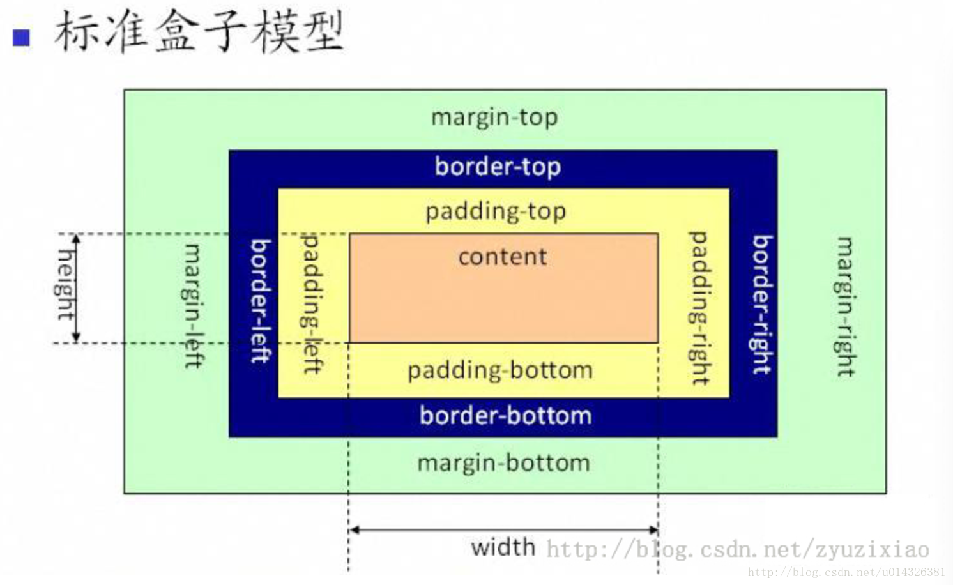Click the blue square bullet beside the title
coord(21,38)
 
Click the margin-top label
coord(494,118)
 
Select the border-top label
coord(498,167)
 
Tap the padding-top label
coord(496,212)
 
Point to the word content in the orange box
coord(503,257)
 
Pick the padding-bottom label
coord(500,370)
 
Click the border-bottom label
coord(505,416)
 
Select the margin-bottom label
coord(504,463)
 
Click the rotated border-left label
coord(261,301)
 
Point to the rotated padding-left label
coord(313,303)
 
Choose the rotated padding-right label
coord(699,308)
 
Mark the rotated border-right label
coord(762,305)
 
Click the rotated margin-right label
coord(844,307)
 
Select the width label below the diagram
coord(503,547)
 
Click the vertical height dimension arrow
coord(76,289)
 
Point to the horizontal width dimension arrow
coord(503,530)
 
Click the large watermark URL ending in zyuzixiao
coord(738,549)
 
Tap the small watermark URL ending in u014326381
coord(846,572)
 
